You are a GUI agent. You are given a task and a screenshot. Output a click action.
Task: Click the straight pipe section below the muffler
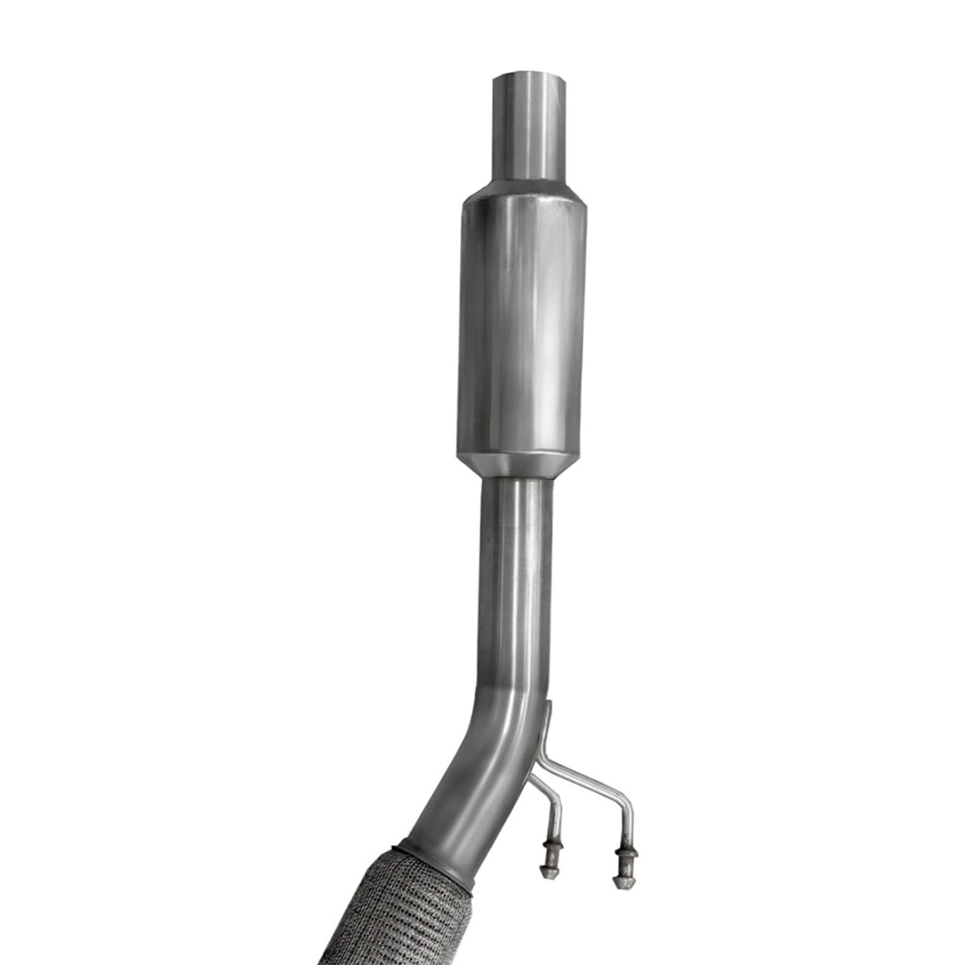[518, 579]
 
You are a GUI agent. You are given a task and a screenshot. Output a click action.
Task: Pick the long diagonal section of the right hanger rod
[587, 775]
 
